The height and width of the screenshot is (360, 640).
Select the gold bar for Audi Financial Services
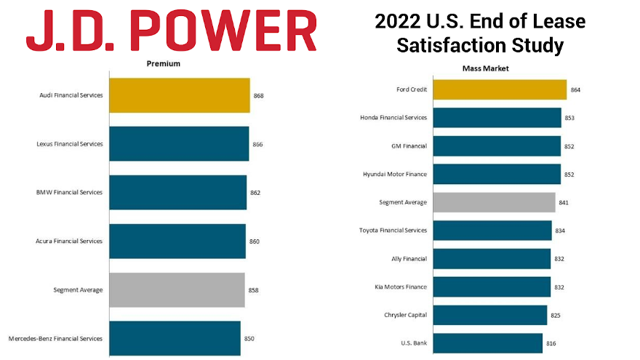pos(179,95)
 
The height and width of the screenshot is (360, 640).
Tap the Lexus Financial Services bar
pos(179,144)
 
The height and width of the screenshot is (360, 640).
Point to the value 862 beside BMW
pos(255,193)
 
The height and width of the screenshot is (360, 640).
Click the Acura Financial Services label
pos(69,241)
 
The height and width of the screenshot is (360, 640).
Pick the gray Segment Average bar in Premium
pos(177,289)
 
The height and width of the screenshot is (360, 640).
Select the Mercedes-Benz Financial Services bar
pos(175,338)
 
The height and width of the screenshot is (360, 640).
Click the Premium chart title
pos(164,64)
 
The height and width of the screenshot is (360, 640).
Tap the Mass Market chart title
pos(486,68)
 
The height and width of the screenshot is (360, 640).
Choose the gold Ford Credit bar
pos(500,89)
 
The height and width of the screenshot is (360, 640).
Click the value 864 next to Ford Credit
pos(576,89)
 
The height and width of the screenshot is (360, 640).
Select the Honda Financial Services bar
pos(497,118)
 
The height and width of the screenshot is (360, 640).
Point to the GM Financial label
pos(409,146)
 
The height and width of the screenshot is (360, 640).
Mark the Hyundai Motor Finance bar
pos(497,175)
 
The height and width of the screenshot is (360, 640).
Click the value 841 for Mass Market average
pos(564,203)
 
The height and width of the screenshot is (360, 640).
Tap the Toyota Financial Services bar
pos(492,231)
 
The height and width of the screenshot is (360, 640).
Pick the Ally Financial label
pos(409,259)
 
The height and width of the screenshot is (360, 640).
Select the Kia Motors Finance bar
pos(492,287)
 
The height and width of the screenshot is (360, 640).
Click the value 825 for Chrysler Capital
pos(556,316)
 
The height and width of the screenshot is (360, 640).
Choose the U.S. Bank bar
pos(488,343)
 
